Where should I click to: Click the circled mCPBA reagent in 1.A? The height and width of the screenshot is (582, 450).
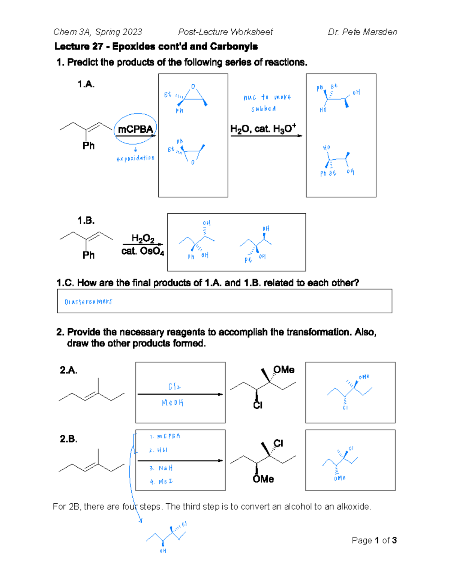click(135, 129)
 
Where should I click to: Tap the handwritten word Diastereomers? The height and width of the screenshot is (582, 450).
click(88, 302)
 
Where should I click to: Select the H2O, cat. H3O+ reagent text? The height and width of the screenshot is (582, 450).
click(263, 129)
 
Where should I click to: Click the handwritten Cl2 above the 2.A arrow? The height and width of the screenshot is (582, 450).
click(174, 386)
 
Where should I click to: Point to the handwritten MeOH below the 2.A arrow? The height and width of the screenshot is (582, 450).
click(172, 403)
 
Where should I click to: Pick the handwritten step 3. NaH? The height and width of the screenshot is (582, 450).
click(161, 468)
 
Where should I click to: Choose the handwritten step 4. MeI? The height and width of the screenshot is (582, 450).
click(161, 482)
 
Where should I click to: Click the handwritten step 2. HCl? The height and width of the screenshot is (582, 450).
click(158, 450)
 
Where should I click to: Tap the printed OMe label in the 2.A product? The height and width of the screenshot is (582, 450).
click(283, 370)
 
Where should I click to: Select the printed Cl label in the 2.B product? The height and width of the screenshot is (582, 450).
click(278, 443)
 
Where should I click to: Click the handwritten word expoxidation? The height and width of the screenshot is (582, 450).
click(135, 158)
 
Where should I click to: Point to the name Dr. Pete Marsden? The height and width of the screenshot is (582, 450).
click(362, 32)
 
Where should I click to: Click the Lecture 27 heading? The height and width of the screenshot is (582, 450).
click(156, 46)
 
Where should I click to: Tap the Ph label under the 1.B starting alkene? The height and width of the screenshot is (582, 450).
click(88, 255)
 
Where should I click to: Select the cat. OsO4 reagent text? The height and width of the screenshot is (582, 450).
click(142, 251)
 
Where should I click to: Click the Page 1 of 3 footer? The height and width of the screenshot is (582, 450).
click(374, 540)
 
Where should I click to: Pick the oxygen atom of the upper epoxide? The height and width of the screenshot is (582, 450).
click(193, 87)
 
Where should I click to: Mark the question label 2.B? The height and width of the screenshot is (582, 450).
click(69, 439)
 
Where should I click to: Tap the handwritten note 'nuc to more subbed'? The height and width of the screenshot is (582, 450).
click(266, 103)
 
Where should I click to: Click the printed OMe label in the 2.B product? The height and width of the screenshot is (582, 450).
click(263, 479)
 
